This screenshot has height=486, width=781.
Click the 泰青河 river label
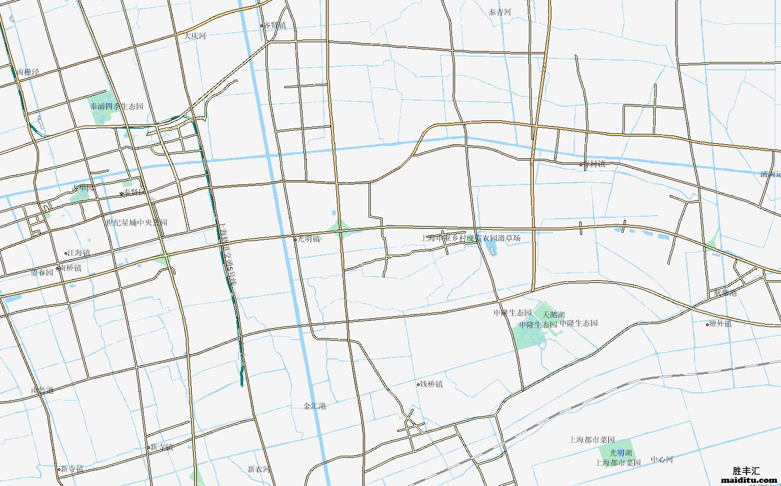(x=500, y=12)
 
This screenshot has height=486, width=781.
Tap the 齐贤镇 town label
(x=275, y=25)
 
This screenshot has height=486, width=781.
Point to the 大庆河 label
(x=195, y=36)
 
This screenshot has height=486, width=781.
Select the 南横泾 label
(x=28, y=72)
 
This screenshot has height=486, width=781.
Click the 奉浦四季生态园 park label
(x=117, y=106)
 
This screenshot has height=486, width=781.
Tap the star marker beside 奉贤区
(x=122, y=194)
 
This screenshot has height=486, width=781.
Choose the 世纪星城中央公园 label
(x=137, y=222)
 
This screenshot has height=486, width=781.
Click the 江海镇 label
(x=79, y=253)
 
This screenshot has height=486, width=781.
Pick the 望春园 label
(x=42, y=272)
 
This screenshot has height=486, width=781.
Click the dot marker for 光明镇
(x=295, y=240)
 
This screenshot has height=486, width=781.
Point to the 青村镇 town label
(x=594, y=164)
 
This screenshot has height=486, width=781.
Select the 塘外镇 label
(x=720, y=323)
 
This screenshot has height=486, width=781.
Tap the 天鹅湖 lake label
(x=553, y=315)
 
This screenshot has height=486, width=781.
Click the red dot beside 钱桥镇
(x=418, y=384)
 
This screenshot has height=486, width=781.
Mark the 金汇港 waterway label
(x=315, y=406)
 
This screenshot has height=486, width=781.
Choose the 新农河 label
(x=259, y=469)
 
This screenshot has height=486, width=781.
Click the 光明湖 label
(x=621, y=453)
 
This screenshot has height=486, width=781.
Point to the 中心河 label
(x=662, y=459)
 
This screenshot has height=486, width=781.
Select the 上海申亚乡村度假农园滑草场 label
(x=471, y=238)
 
